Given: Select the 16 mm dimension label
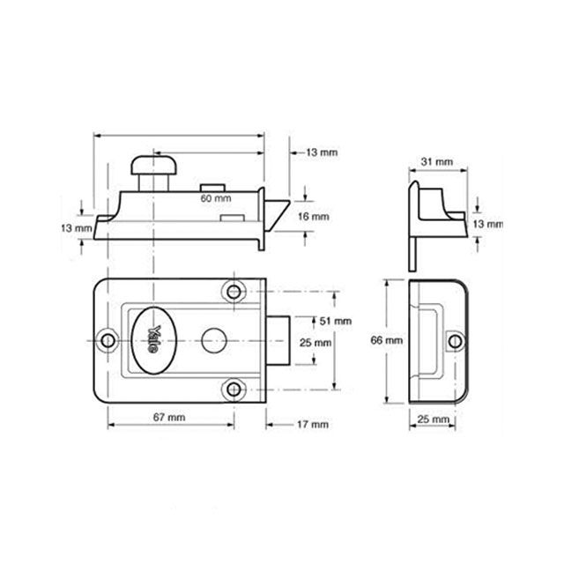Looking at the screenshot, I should pyautogui.click(x=315, y=216).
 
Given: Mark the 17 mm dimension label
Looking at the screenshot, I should pyautogui.click(x=315, y=424).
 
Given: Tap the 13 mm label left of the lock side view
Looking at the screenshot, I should pyautogui.click(x=79, y=228).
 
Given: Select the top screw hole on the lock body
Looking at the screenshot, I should pyautogui.click(x=234, y=290).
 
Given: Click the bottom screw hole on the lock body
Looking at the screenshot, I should pyautogui.click(x=234, y=386).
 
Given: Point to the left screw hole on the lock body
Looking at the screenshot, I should pyautogui.click(x=108, y=338).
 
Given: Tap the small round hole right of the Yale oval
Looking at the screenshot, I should pyautogui.click(x=211, y=338).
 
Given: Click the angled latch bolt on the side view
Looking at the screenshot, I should pyautogui.click(x=278, y=217).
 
